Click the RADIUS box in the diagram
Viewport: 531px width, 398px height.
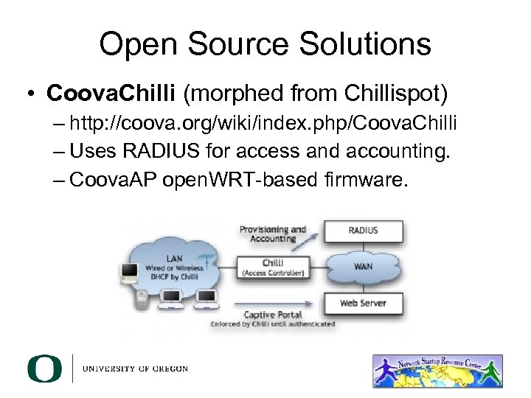click(x=363, y=231)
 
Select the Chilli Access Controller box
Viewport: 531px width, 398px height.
click(x=272, y=267)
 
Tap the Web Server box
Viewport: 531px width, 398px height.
click(x=363, y=303)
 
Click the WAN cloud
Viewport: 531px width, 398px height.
click(x=363, y=266)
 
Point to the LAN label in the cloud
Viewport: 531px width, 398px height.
click(x=175, y=258)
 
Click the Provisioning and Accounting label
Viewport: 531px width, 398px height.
click(x=272, y=234)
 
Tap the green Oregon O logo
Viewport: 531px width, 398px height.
click(x=45, y=369)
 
